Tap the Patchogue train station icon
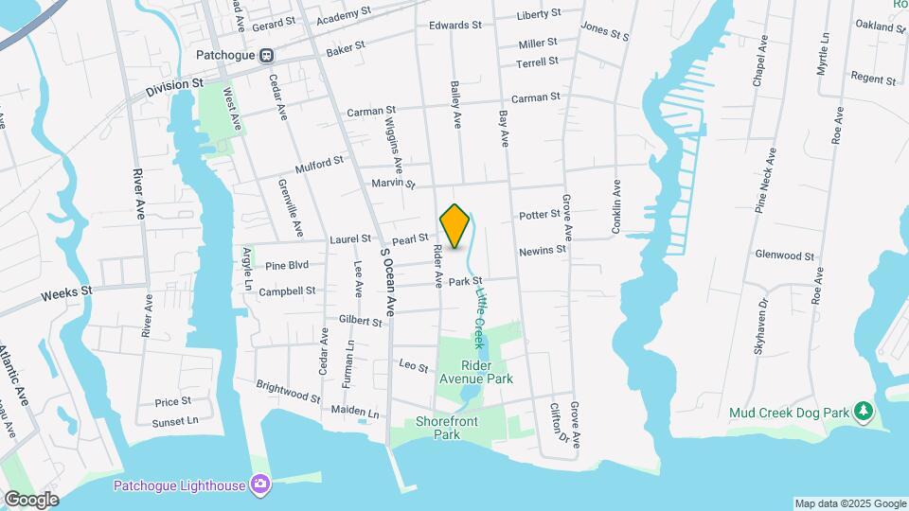pyautogui.click(x=267, y=56)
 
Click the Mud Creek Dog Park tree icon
pyautogui.click(x=862, y=412)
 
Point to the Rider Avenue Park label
pyautogui.click(x=487, y=372)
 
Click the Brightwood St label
pyautogui.click(x=288, y=391)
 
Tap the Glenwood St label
pyautogui.click(x=784, y=255)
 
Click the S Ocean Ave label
pyautogui.click(x=387, y=281)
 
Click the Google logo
pyautogui.click(x=31, y=499)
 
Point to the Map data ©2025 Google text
pyautogui.click(x=849, y=503)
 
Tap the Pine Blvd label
pyautogui.click(x=287, y=266)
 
